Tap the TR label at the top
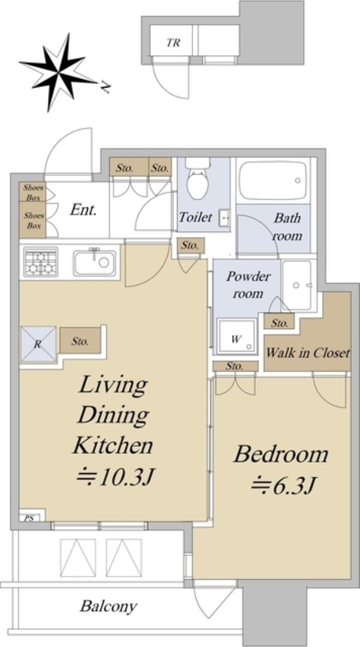click(x=173, y=43)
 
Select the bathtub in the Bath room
click(x=273, y=180)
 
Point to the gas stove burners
click(x=41, y=262)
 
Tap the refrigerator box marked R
click(x=38, y=344)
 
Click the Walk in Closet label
click(x=308, y=353)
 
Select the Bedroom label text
click(x=281, y=455)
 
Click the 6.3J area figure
click(x=284, y=485)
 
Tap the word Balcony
click(x=109, y=607)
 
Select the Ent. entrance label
click(x=83, y=210)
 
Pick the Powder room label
click(x=248, y=285)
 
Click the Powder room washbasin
click(x=296, y=285)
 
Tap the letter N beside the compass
click(x=106, y=88)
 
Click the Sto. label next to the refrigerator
click(x=80, y=342)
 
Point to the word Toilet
click(x=196, y=217)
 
